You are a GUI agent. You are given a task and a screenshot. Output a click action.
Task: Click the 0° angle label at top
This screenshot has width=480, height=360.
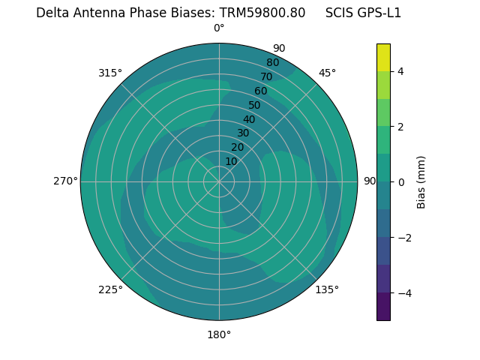pyautogui.click(x=219, y=28)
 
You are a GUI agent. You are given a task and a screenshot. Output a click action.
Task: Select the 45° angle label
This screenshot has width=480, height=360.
pyautogui.click(x=327, y=73)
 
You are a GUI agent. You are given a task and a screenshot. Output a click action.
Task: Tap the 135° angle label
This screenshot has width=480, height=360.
pyautogui.click(x=327, y=289)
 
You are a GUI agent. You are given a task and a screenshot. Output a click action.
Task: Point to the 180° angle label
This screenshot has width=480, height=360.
pyautogui.click(x=219, y=334)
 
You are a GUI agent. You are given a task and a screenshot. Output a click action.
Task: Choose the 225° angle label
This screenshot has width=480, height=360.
pyautogui.click(x=110, y=289)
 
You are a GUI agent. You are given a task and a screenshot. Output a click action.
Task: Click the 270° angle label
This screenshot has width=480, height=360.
pyautogui.click(x=65, y=181)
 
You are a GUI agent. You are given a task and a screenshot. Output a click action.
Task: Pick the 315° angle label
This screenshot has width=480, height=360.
pyautogui.click(x=110, y=73)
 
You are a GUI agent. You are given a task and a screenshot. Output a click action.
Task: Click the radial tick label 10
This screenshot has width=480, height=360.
pyautogui.click(x=231, y=161)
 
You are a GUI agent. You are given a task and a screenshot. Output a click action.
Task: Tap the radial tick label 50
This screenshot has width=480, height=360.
pyautogui.click(x=255, y=106)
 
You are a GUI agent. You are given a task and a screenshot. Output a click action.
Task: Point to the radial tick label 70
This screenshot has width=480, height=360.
pyautogui.click(x=267, y=77)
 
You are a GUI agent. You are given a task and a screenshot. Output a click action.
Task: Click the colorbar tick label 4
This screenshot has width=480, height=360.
pyautogui.click(x=400, y=71)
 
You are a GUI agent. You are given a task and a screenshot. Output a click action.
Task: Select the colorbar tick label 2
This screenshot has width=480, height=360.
pyautogui.click(x=400, y=127)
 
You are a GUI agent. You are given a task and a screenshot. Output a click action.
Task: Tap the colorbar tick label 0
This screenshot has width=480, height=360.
pyautogui.click(x=400, y=182)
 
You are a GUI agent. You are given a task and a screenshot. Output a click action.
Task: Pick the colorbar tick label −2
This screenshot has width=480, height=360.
pyautogui.click(x=403, y=238)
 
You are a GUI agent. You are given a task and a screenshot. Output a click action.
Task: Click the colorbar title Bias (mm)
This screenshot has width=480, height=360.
pyautogui.click(x=421, y=182)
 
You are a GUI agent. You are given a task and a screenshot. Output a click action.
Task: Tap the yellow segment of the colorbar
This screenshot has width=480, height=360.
pyautogui.click(x=383, y=57)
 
